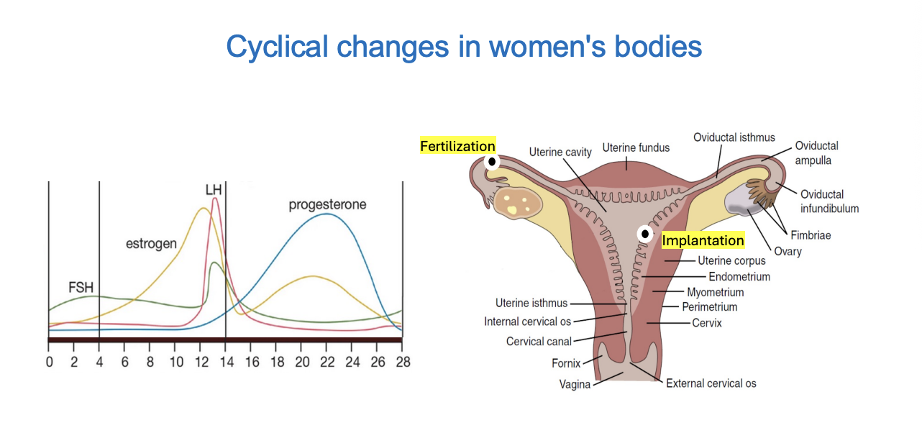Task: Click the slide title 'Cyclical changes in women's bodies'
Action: (464, 47)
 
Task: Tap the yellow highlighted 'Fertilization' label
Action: (457, 146)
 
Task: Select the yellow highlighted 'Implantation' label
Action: (703, 241)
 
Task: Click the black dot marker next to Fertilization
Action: (492, 162)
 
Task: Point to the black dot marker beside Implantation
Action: (645, 234)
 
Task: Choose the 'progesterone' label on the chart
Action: (327, 205)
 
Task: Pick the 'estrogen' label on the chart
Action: (151, 244)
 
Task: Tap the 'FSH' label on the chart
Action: (81, 288)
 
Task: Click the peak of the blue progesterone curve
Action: (327, 214)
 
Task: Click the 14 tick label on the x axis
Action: (226, 362)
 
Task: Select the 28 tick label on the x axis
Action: (403, 362)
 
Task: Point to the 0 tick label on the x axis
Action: (49, 362)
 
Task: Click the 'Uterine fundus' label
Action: (636, 148)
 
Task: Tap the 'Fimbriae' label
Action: (811, 235)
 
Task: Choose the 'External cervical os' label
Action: (711, 383)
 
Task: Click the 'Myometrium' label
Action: (715, 292)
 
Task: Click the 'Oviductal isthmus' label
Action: (734, 137)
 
